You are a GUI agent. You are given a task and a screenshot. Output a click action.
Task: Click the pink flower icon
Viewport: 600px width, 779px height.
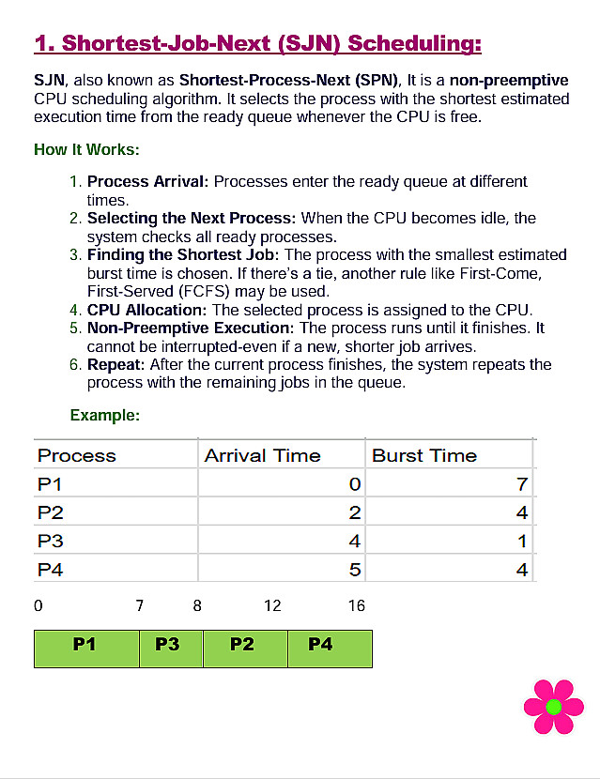(553, 707)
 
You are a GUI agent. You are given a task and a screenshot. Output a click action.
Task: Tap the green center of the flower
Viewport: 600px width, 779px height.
(553, 707)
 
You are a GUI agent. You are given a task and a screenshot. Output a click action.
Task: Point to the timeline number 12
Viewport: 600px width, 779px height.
(272, 606)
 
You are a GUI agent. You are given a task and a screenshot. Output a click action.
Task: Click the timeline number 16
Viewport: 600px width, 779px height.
(356, 606)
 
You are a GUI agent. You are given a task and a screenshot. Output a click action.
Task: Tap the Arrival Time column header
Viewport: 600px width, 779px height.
(263, 456)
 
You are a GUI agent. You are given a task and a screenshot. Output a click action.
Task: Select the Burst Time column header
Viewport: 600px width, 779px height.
(424, 456)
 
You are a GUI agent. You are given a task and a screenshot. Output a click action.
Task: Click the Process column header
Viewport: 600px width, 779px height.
(77, 456)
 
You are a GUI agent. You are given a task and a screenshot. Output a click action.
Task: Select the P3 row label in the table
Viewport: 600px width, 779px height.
(51, 542)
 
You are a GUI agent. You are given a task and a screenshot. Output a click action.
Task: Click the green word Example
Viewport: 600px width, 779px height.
(105, 415)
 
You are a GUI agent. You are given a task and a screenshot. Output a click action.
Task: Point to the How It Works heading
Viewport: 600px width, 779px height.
(86, 150)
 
